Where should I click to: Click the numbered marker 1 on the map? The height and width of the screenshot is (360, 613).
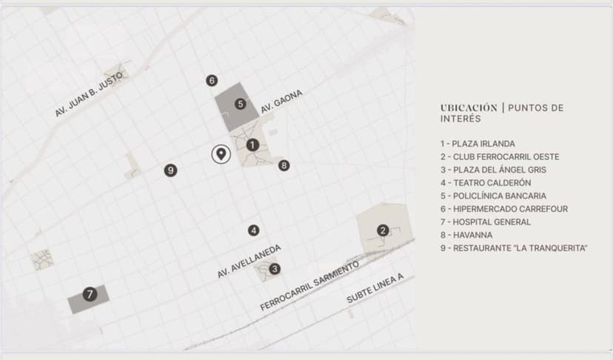click(252, 145)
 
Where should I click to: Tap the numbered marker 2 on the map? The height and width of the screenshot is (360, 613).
click(383, 230)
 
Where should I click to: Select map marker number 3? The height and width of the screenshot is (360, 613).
click(275, 269)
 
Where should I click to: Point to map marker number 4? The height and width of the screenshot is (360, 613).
click(254, 230)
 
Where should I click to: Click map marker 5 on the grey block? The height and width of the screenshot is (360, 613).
click(241, 104)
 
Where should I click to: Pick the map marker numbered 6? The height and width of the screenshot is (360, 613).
click(212, 81)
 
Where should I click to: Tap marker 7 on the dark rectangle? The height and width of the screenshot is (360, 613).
click(90, 294)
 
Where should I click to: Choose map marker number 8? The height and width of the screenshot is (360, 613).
click(284, 165)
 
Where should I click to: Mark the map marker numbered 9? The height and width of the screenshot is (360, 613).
click(170, 170)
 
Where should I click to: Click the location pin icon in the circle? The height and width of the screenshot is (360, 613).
click(221, 153)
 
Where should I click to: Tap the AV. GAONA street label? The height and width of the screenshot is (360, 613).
click(281, 101)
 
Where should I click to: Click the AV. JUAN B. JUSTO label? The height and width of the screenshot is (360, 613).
click(89, 94)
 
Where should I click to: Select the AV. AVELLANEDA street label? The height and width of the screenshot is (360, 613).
click(249, 261)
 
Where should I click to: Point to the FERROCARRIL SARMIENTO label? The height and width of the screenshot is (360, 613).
click(309, 286)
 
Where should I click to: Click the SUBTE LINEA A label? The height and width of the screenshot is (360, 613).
click(375, 288)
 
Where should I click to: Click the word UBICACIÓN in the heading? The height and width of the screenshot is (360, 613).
click(469, 107)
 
